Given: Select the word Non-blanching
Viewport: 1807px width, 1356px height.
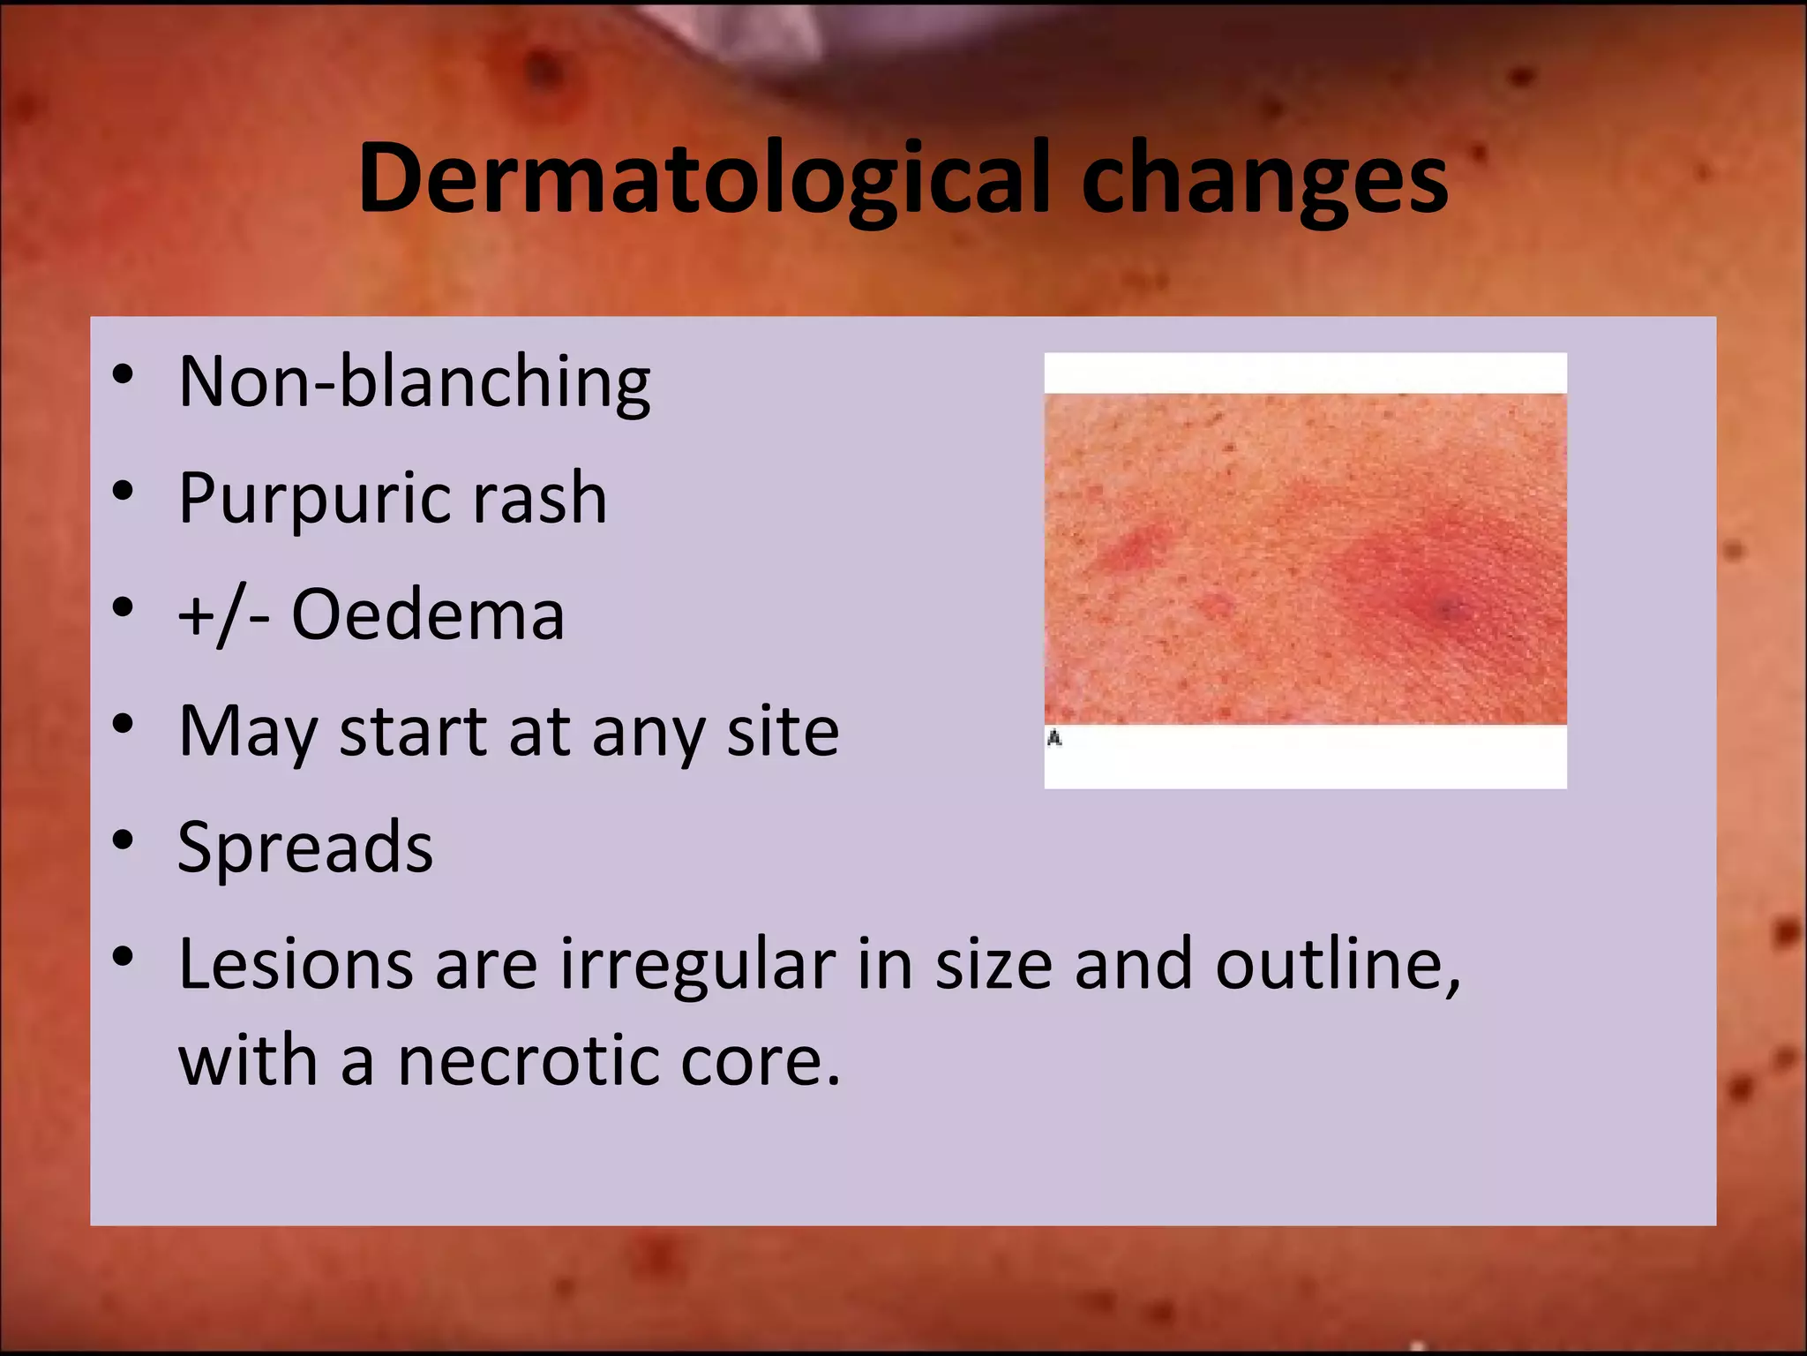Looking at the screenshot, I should (414, 381).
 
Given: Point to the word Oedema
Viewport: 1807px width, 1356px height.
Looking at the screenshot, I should (427, 614).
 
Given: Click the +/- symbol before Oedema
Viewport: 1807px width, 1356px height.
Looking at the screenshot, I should (223, 614).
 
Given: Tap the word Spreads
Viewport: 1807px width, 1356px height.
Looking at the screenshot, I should (305, 847).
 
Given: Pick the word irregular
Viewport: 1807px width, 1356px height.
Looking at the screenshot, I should (697, 964).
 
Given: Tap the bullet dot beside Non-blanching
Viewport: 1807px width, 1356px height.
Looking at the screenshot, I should (123, 374).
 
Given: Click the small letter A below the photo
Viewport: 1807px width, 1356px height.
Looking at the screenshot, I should (1053, 738).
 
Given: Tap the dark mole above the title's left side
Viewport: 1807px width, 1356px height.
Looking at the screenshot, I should (545, 69).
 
